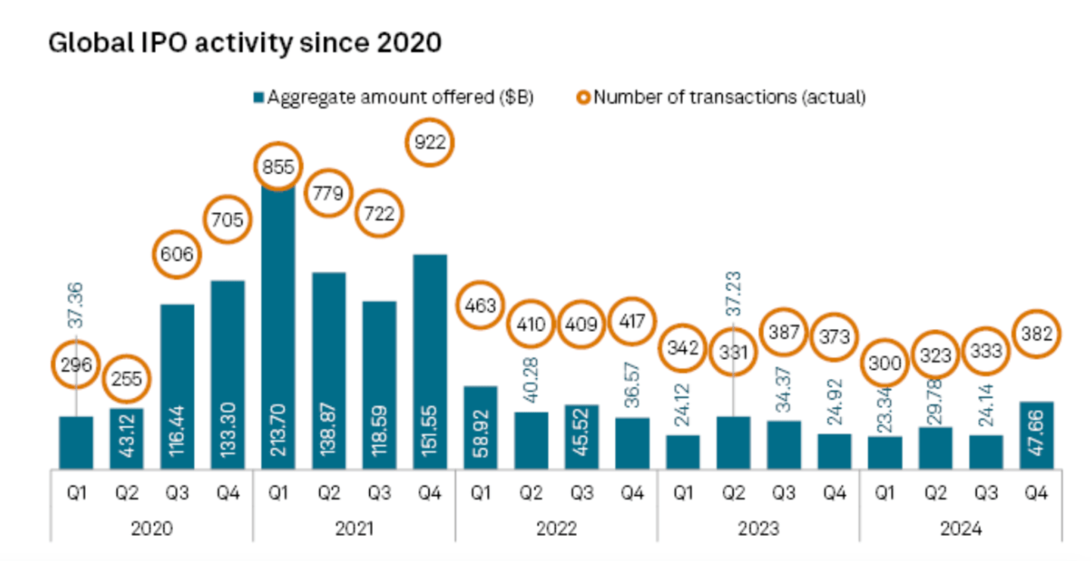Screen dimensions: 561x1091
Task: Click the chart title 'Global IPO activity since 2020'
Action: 244,42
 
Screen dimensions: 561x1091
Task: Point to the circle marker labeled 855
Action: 277,168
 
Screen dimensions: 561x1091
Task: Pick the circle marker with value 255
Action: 127,378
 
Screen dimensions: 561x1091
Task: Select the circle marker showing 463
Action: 481,306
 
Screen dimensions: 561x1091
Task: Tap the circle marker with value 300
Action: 885,363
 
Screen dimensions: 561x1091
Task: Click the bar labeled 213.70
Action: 277,326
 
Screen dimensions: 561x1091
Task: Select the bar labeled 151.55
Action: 430,361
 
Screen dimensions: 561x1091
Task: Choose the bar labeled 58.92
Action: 481,427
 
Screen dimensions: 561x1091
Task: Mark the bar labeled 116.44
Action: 177,386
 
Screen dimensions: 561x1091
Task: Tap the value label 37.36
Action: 76,305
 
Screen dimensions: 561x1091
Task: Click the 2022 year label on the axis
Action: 556,528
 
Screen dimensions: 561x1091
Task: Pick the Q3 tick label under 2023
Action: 783,493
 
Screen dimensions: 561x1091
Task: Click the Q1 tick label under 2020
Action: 76,493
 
